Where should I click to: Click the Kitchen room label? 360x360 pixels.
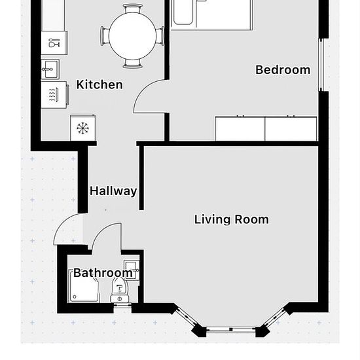(99, 84)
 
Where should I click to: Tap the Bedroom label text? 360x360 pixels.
(283, 70)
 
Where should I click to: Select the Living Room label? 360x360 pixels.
(232, 219)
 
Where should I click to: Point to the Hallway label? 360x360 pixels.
(113, 191)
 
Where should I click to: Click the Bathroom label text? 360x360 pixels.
(103, 273)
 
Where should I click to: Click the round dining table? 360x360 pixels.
(132, 36)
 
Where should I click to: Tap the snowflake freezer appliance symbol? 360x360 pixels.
(83, 128)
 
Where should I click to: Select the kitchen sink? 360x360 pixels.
(50, 69)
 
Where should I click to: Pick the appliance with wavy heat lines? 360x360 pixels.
(54, 95)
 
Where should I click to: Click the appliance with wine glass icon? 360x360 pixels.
(54, 43)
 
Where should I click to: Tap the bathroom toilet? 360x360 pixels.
(119, 291)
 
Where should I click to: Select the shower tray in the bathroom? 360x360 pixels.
(84, 286)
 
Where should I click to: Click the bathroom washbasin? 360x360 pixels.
(132, 270)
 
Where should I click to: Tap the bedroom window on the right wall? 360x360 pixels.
(321, 65)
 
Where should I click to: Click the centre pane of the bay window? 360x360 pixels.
(231, 330)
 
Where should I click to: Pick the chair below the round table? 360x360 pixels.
(132, 64)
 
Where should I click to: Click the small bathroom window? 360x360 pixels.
(122, 306)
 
